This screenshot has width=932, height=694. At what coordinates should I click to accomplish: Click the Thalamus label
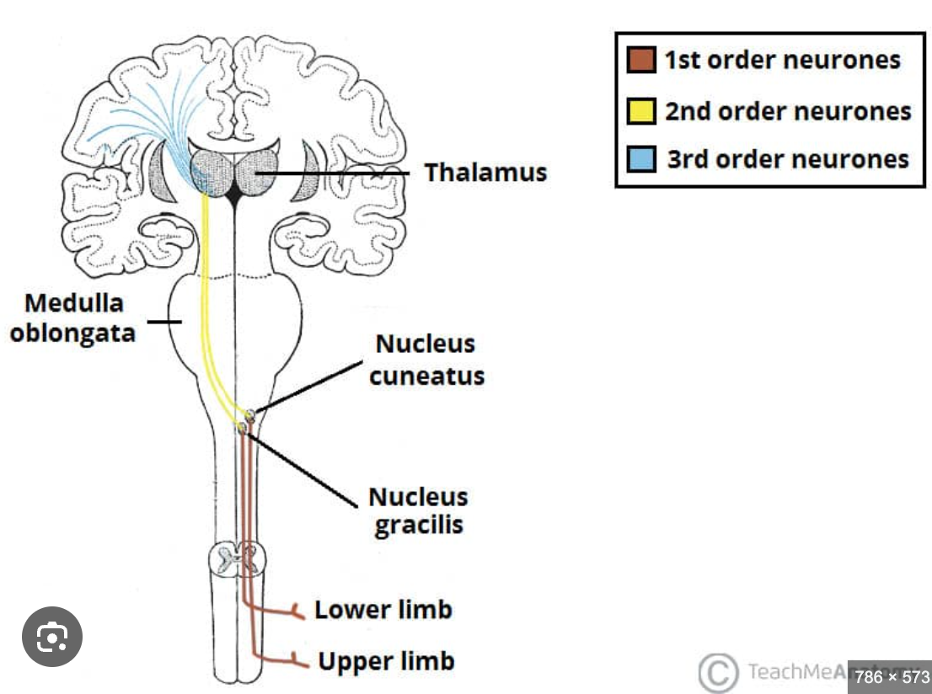485,173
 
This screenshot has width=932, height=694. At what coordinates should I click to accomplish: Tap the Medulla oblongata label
73,318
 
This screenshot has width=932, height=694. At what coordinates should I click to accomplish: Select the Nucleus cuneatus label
426,360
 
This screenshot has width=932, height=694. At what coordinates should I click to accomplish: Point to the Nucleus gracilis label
419,510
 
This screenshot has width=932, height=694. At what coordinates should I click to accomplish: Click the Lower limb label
383,609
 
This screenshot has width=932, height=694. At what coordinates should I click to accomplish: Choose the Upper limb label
386,661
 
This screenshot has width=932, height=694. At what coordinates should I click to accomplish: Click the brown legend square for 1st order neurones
641,61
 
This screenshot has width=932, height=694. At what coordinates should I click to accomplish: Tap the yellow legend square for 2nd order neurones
641,110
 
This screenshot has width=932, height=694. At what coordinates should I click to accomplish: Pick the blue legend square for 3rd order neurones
641,158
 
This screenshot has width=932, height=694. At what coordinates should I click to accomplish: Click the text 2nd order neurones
788,111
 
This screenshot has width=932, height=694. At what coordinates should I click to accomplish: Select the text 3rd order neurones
788,159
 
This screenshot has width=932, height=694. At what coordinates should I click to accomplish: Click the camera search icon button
51,638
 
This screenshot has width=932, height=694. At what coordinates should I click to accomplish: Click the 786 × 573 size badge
890,676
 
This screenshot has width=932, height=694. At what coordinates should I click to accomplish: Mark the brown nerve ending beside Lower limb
296,611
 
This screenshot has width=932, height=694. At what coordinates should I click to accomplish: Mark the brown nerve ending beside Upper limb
296,661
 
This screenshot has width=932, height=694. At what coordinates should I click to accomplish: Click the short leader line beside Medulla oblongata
165,321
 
